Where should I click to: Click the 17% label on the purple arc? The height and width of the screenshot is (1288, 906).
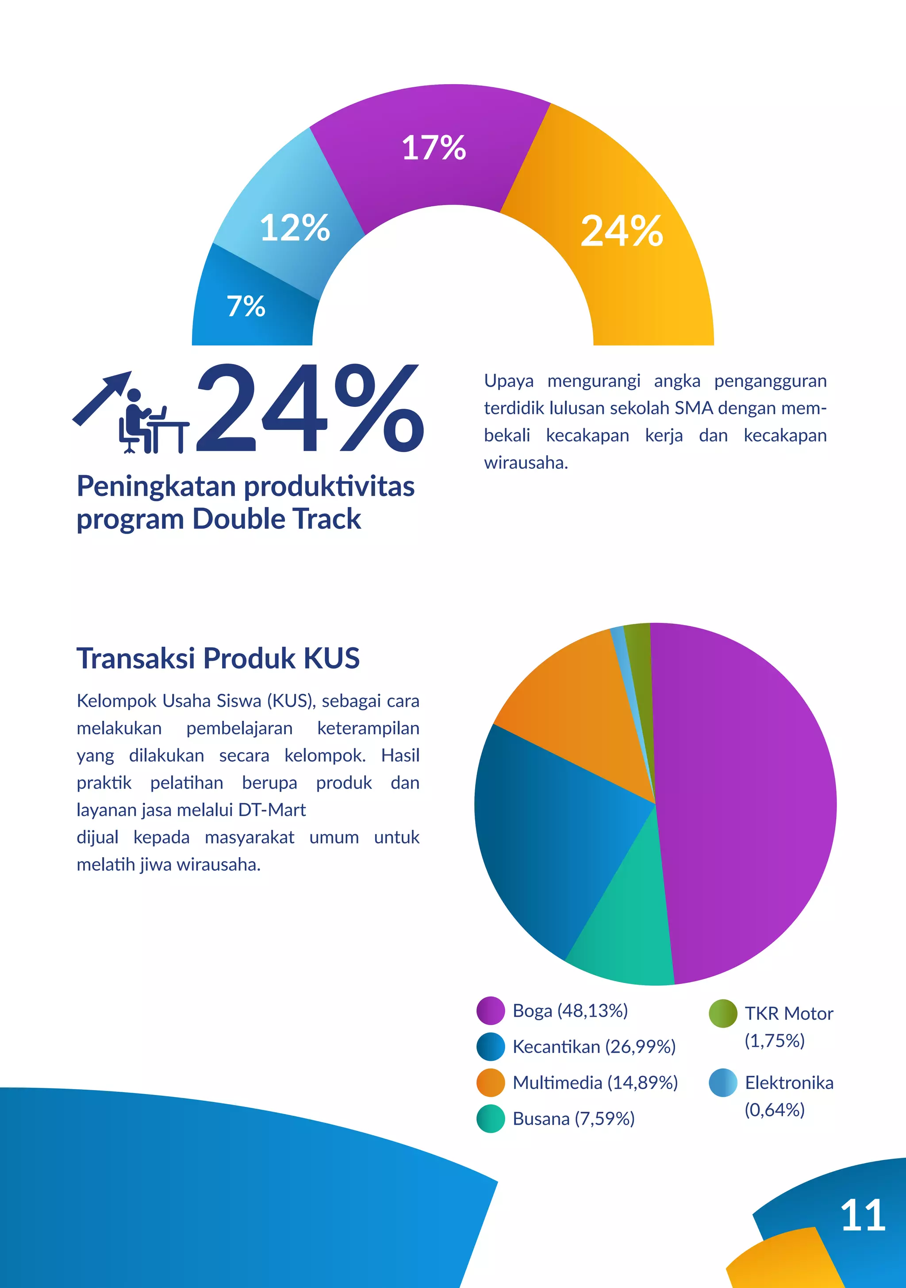coord(434,147)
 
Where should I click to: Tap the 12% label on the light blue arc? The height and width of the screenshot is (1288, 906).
coord(295,228)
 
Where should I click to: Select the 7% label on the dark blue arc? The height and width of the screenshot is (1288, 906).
coord(246,306)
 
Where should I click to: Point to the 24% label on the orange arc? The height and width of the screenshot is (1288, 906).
coord(622,231)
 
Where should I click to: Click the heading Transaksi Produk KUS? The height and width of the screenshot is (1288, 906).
coord(218,658)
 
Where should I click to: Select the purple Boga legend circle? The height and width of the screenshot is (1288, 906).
coord(491,1011)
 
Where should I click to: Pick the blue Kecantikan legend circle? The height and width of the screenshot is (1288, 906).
coord(491,1047)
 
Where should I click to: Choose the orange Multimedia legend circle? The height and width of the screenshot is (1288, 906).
coord(491,1083)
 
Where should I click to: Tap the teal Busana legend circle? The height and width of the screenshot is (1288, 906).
coord(491,1118)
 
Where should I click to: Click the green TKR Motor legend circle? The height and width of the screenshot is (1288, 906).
coord(723,1013)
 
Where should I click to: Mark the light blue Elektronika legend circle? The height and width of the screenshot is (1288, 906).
coord(723,1083)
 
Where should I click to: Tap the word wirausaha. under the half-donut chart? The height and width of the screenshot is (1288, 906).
coord(526,463)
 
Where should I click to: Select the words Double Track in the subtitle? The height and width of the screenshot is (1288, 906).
coord(276,519)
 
